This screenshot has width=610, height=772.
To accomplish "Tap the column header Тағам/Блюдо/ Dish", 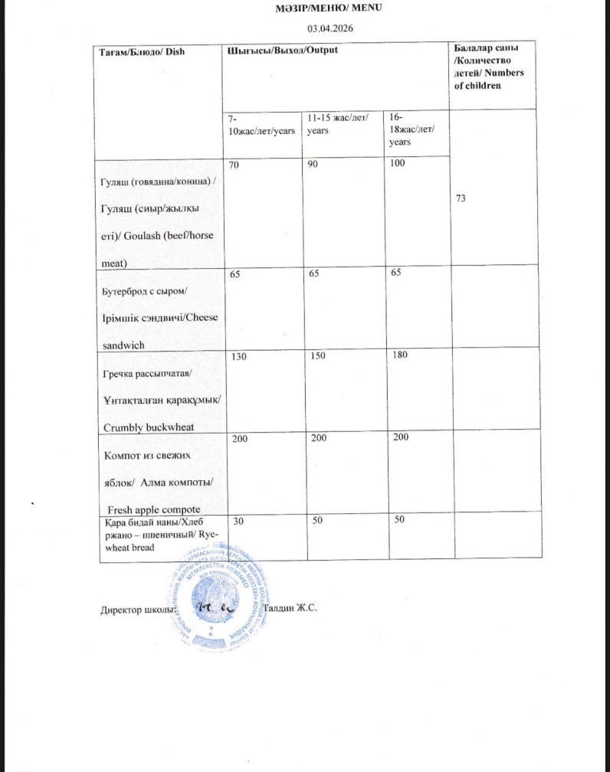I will tap(143, 51).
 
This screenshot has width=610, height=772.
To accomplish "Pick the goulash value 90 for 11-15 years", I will tap(314, 165).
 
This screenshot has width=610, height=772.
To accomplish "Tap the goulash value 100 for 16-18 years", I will tap(396, 165).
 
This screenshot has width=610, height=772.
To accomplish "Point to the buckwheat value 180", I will tap(398, 355).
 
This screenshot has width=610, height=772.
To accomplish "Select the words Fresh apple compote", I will tap(154, 509).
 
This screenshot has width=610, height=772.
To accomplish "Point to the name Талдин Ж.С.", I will tap(290, 608).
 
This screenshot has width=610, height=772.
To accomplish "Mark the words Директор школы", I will tap(132, 610).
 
